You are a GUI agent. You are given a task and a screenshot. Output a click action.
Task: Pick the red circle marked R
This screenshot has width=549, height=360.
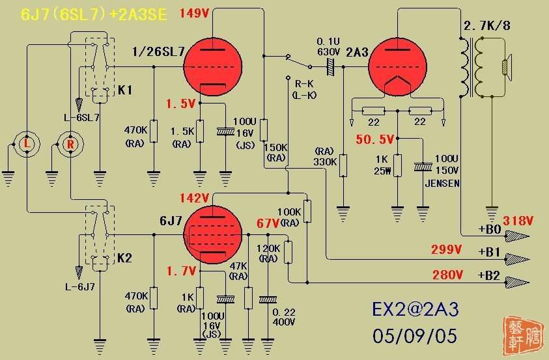(x=71, y=143)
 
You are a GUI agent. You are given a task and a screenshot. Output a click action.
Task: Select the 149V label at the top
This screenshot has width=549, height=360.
(x=194, y=14)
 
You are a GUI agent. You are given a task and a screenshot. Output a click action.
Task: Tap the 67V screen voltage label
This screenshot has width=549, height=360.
(x=267, y=223)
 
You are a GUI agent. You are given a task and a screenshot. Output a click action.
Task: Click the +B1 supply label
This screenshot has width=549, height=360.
(x=486, y=250)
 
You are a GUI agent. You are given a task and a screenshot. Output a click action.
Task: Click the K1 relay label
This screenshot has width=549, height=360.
(x=125, y=90)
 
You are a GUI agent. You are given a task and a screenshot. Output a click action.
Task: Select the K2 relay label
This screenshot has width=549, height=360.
(x=125, y=258)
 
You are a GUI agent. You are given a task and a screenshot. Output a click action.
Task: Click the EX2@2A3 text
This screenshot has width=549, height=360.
(x=415, y=309)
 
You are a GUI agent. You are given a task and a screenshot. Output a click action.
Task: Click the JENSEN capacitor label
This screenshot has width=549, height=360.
(x=443, y=184)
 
